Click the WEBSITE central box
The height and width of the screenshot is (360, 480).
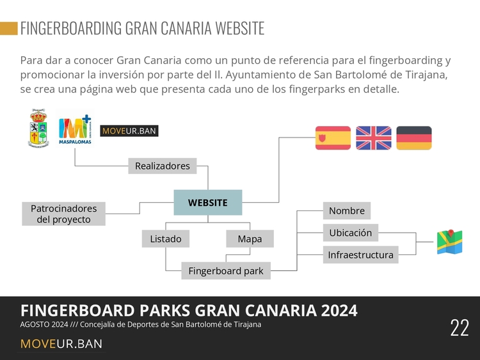pyautogui.click(x=208, y=203)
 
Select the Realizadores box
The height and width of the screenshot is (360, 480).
pyautogui.click(x=163, y=166)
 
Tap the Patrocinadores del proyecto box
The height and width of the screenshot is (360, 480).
pyautogui.click(x=63, y=214)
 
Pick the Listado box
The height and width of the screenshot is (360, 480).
pyautogui.click(x=166, y=239)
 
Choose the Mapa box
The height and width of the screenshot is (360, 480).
pyautogui.click(x=250, y=239)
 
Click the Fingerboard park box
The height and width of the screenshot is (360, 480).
pyautogui.click(x=226, y=270)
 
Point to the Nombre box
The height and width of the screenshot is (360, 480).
pyautogui.click(x=347, y=210)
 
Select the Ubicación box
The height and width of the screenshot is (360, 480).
pyautogui.click(x=351, y=233)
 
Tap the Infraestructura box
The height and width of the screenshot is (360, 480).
pyautogui.click(x=360, y=254)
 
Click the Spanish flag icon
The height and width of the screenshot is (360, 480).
pyautogui.click(x=333, y=138)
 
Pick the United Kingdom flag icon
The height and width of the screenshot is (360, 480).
pyautogui.click(x=374, y=138)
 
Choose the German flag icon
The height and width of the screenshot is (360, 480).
pyautogui.click(x=414, y=138)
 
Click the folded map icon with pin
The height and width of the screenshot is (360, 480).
pyautogui.click(x=450, y=242)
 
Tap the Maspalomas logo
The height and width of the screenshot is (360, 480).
pyautogui.click(x=75, y=129)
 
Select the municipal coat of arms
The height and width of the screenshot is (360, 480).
pyautogui.click(x=38, y=128)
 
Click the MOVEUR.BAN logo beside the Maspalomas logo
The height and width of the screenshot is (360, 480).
pyautogui.click(x=129, y=131)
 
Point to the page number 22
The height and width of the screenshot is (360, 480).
pyautogui.click(x=459, y=327)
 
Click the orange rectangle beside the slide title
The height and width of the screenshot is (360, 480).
pyautogui.click(x=9, y=28)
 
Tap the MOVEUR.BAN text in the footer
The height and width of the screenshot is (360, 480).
pyautogui.click(x=61, y=344)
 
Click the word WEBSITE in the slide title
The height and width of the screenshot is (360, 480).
pyautogui.click(x=240, y=28)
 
